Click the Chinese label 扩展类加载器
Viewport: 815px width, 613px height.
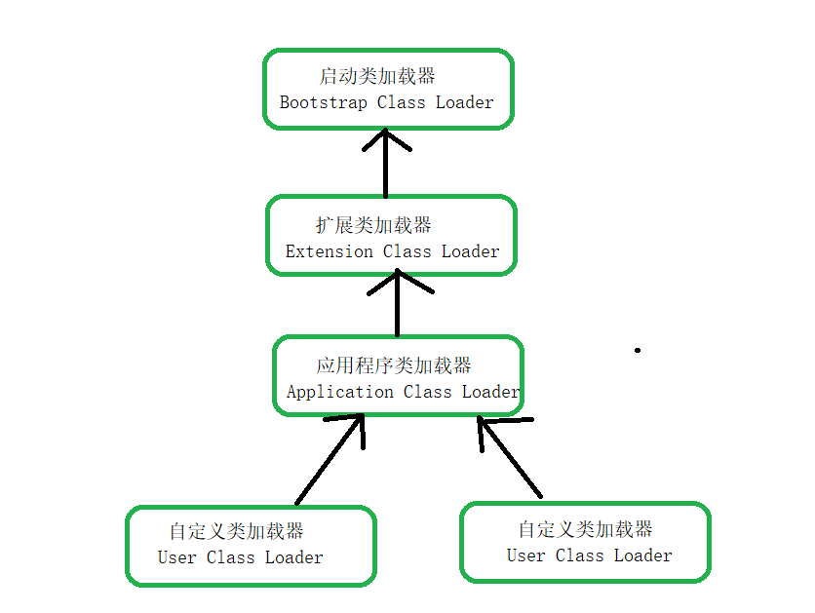pyautogui.click(x=373, y=225)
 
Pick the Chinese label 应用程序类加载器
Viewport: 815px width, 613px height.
pyautogui.click(x=394, y=365)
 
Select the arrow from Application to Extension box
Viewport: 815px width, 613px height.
pyautogui.click(x=397, y=302)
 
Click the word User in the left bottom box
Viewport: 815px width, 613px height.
pyautogui.click(x=176, y=557)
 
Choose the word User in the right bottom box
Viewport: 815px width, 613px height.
pyautogui.click(x=525, y=556)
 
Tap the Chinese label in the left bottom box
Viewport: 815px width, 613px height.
pyautogui.click(x=236, y=531)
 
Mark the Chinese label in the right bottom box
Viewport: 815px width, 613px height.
pyautogui.click(x=585, y=529)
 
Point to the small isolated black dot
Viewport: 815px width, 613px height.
pyautogui.click(x=638, y=350)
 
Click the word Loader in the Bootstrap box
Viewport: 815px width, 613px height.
pyautogui.click(x=464, y=102)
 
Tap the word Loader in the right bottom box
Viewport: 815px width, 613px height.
pyautogui.click(x=642, y=556)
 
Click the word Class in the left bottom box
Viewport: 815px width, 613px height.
pyautogui.click(x=231, y=557)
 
